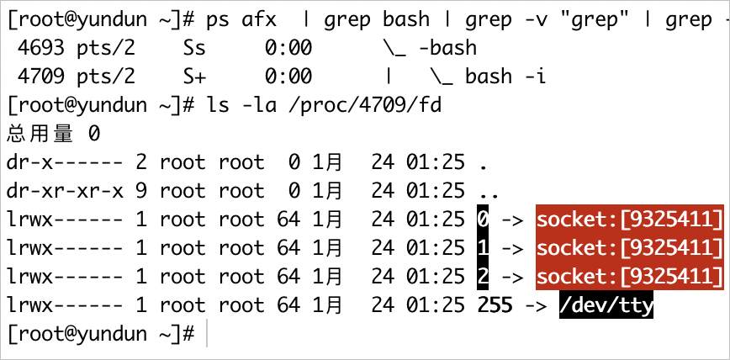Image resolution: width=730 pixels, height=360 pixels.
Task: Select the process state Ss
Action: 194,48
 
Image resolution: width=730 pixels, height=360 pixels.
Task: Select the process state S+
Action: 194,77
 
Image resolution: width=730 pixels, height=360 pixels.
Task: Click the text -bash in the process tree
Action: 448,48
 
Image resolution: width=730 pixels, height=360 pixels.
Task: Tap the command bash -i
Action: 505,77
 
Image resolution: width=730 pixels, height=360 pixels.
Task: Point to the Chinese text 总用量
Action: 40,134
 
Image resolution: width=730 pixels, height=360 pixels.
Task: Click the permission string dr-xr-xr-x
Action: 66,191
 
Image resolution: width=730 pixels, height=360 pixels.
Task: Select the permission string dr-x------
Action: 66,162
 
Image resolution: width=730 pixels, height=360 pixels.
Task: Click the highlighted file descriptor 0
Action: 484,220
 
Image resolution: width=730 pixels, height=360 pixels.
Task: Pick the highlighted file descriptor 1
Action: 484,248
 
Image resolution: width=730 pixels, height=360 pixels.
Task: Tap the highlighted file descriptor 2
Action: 484,277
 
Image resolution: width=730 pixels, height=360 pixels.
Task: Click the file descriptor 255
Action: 495,305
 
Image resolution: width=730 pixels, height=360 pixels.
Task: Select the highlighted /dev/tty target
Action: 606,305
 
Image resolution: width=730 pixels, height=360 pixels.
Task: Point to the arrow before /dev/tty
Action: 536,306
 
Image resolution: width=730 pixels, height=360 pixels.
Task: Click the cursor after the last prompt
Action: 206,333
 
